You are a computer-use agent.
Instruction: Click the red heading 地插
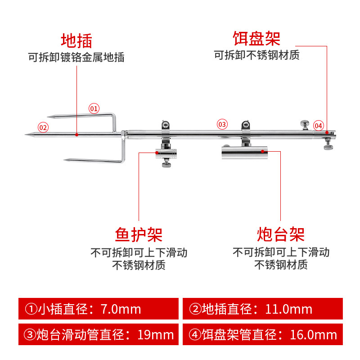76,40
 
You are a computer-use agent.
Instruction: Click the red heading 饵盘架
256,38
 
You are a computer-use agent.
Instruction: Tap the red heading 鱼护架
139,234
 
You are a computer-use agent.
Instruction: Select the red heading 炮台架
281,234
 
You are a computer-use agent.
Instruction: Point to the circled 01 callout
94,108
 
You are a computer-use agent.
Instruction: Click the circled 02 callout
43,127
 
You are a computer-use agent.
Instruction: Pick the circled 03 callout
222,124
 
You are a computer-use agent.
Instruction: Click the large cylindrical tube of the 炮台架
244,153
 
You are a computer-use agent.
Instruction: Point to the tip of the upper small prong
49,117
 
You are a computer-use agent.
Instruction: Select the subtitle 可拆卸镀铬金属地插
76,58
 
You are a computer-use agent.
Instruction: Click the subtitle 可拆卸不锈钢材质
256,55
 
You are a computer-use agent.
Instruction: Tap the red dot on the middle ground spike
77,134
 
